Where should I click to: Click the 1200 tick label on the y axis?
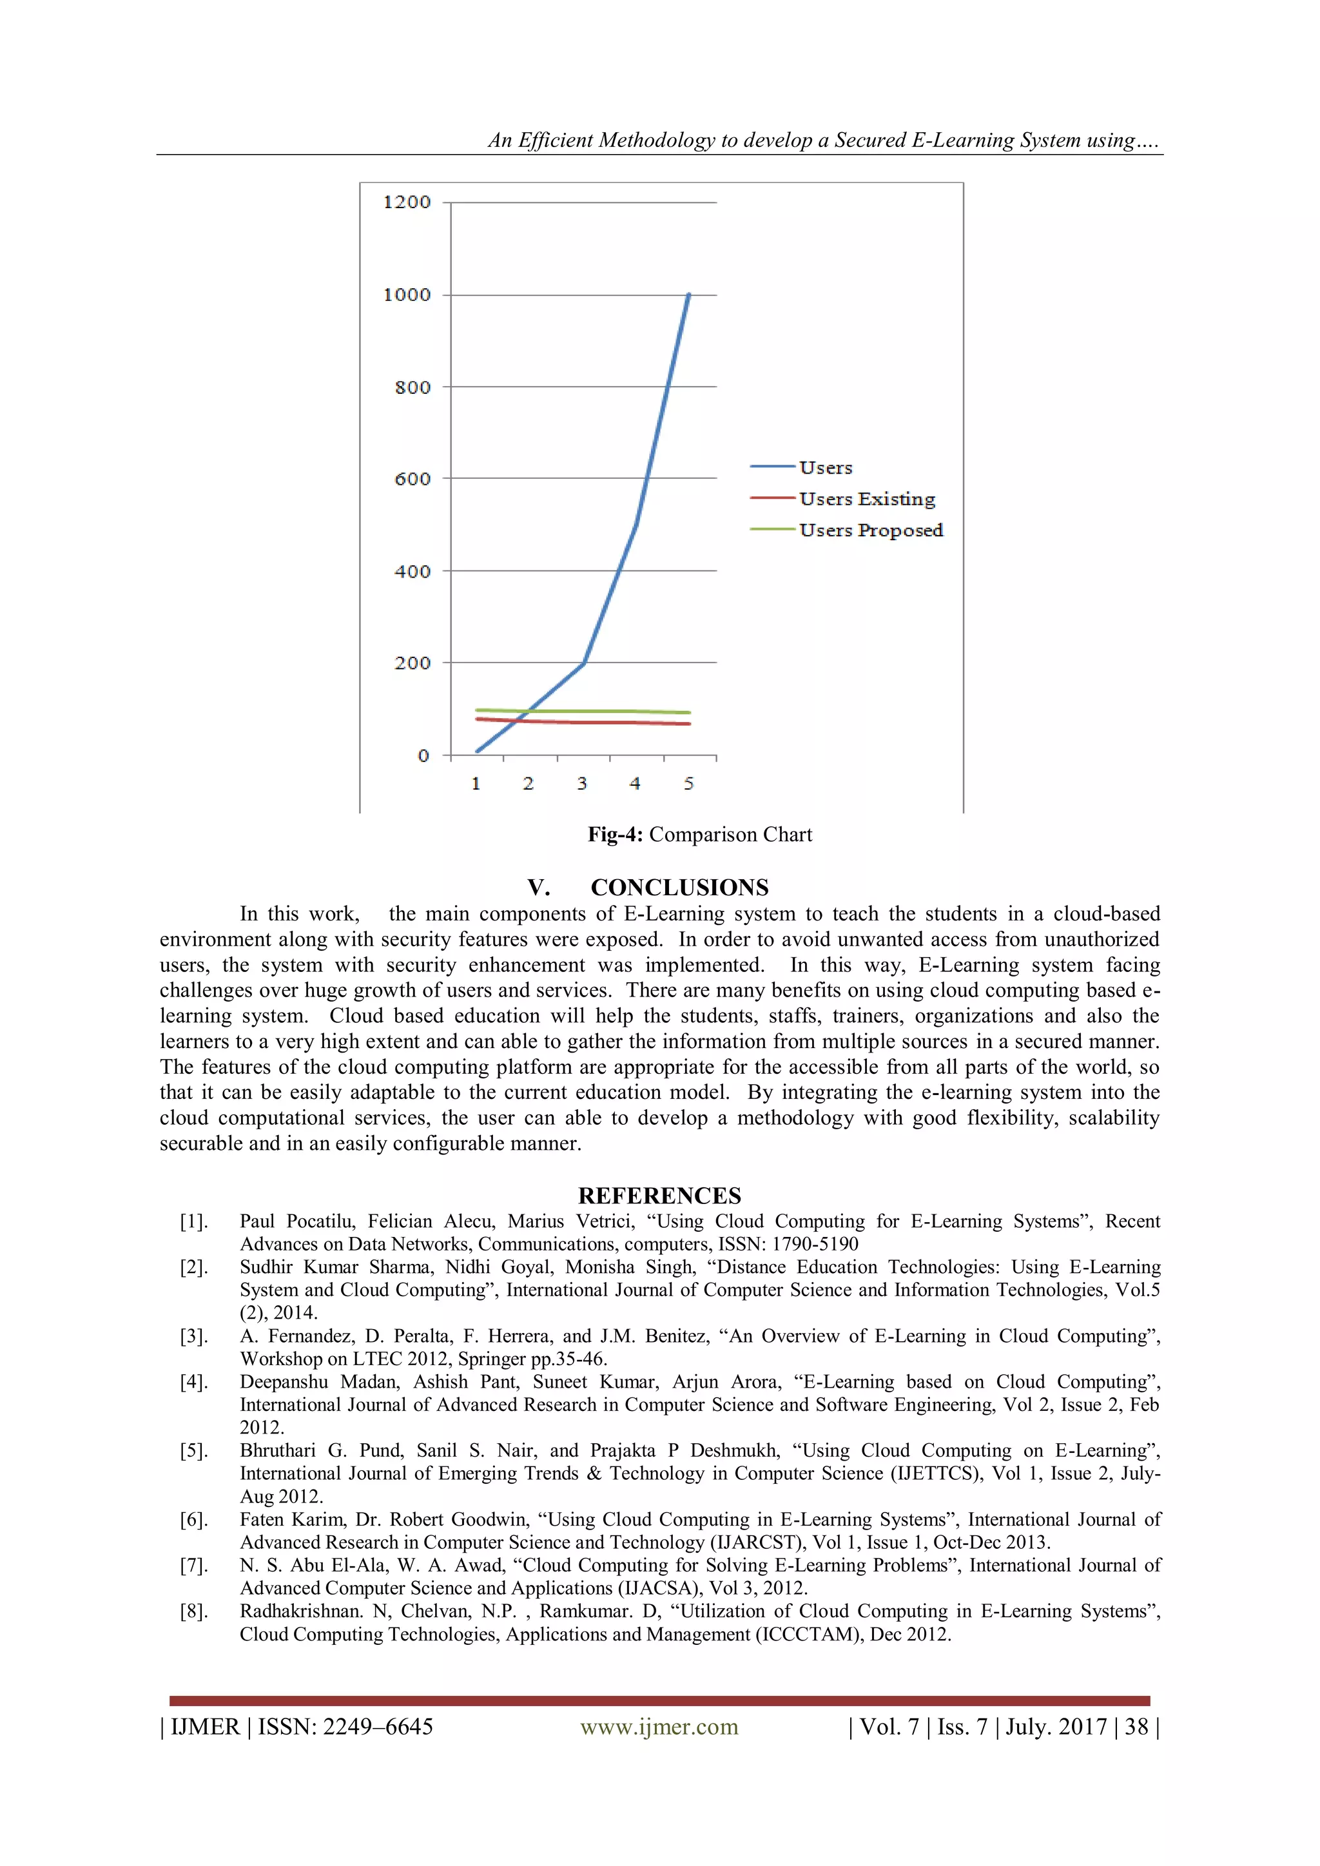point(407,202)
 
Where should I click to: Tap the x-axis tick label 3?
point(582,783)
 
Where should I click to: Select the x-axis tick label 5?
point(688,783)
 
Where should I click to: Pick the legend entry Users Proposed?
point(871,530)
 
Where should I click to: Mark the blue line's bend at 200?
point(583,663)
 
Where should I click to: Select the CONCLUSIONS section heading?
point(679,887)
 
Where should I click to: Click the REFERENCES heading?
point(659,1196)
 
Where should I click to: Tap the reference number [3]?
point(193,1336)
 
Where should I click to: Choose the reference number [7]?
point(193,1565)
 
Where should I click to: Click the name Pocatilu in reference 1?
point(321,1221)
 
